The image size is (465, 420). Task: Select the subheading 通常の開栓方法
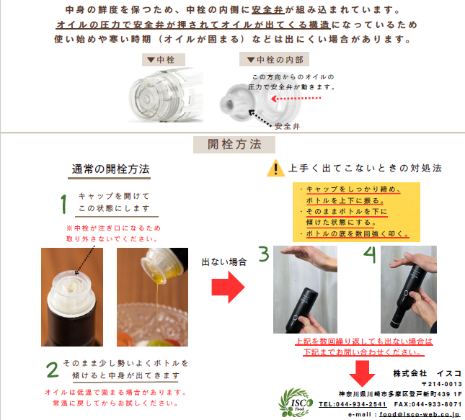click(x=110, y=170)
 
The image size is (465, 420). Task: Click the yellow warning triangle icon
click(x=275, y=169)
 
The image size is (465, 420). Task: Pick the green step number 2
click(x=52, y=370)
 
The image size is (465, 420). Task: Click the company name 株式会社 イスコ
click(x=427, y=373)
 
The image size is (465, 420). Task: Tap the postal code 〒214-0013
click(x=442, y=384)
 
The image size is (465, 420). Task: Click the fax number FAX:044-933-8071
click(x=428, y=404)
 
